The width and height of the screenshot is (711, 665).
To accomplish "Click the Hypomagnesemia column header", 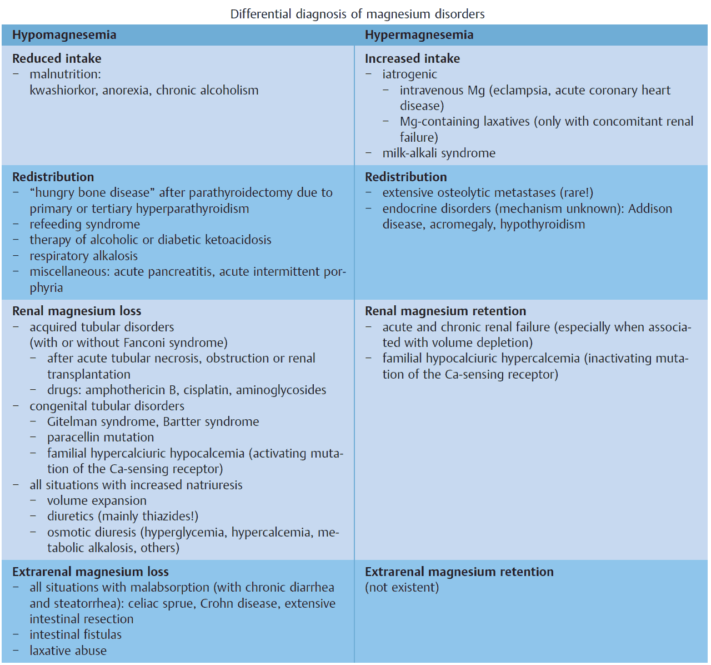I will click(x=64, y=35).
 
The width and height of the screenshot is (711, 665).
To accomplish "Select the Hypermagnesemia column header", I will click(x=419, y=35).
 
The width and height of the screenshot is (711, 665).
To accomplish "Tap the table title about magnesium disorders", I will click(x=357, y=14).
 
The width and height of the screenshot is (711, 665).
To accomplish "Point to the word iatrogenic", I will click(x=409, y=75).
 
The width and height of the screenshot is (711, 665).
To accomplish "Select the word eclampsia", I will click(x=520, y=90).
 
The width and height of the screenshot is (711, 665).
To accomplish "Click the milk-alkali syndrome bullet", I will click(x=439, y=153).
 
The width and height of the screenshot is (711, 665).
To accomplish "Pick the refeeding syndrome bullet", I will click(x=84, y=224).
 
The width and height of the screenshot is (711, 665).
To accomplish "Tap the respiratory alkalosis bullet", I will click(x=83, y=256).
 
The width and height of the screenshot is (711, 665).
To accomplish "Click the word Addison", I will click(x=650, y=209).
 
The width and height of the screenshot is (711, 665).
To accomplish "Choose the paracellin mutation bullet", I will click(x=101, y=437).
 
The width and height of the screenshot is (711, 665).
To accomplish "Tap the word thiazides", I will click(x=167, y=516).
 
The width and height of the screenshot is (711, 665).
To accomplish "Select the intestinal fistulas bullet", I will click(x=76, y=634).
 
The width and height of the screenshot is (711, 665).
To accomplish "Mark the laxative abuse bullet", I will click(x=68, y=651).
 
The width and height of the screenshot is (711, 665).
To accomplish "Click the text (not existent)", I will click(x=402, y=587).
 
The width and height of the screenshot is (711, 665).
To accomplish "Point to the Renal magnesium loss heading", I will click(x=77, y=311).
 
